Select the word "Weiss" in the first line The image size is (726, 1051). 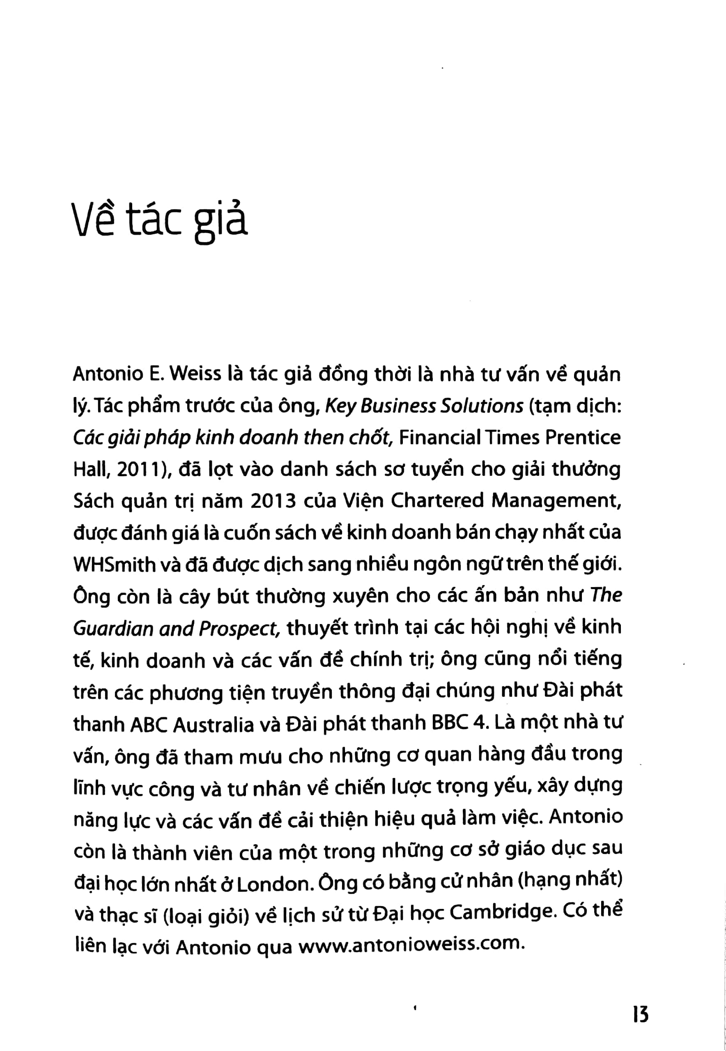pos(197,375)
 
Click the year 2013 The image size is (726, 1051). pos(273,501)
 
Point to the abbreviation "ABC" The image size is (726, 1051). pos(149,725)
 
